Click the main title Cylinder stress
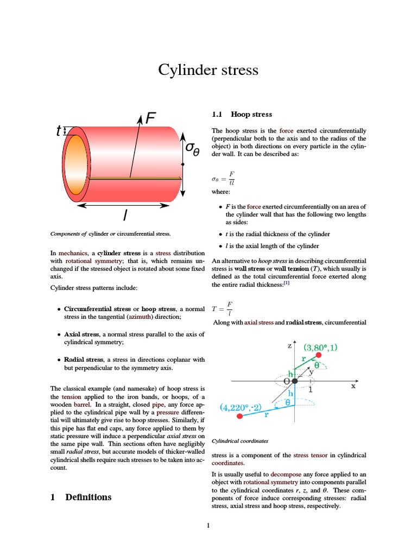tap(208, 70)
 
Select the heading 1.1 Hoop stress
tap(242, 115)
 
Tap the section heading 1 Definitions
tap(81, 497)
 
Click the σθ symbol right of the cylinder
tap(193, 148)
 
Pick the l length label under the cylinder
tap(125, 216)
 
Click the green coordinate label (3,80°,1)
tap(324, 346)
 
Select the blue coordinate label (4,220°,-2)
tap(241, 407)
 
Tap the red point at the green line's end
tap(319, 355)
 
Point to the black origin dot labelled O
tap(294, 381)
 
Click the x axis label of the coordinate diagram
tap(353, 386)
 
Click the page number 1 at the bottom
tap(208, 525)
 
